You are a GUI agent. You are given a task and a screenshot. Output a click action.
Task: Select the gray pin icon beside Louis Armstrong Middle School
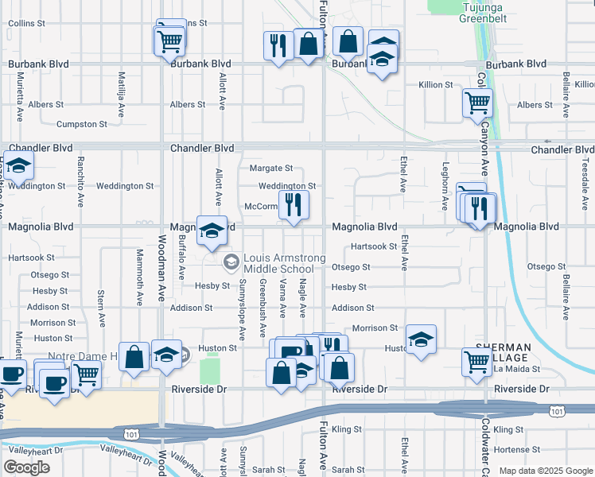[231, 261]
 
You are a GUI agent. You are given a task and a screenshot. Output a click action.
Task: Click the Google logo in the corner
[27, 467]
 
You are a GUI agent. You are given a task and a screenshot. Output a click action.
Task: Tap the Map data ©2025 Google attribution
[545, 471]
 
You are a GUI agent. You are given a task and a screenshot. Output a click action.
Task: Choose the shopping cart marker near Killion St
[476, 102]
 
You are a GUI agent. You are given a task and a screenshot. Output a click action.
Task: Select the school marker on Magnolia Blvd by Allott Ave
[212, 231]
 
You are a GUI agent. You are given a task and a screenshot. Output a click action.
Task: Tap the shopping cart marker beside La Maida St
[476, 361]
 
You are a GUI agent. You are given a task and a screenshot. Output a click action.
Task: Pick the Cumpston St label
[81, 124]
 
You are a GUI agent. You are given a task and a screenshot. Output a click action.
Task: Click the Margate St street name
[271, 168]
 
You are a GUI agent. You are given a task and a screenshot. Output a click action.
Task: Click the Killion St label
[436, 84]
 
